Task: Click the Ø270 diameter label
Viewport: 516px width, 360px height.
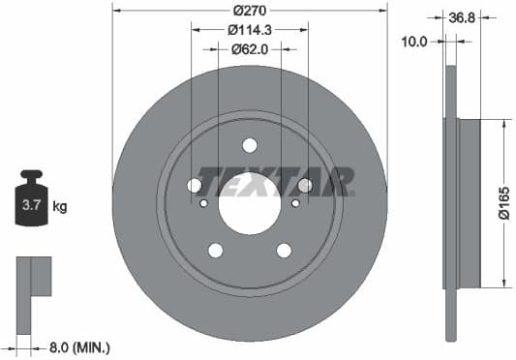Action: [x=250, y=11]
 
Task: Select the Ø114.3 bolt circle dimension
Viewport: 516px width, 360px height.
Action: [x=250, y=29]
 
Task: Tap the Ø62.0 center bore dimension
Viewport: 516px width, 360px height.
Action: [x=250, y=46]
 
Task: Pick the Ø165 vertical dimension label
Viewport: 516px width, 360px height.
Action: [x=502, y=204]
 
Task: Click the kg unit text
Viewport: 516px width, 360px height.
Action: [x=60, y=205]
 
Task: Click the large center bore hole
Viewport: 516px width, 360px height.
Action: [x=250, y=204]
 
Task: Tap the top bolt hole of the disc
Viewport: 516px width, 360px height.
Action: [x=250, y=145]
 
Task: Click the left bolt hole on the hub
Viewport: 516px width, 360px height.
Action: [x=194, y=185]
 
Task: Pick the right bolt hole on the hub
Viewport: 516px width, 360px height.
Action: [x=305, y=185]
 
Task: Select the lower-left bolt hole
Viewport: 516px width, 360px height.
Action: [x=215, y=251]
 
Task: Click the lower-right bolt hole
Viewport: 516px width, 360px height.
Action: [x=284, y=251]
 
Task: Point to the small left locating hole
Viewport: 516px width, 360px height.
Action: [x=203, y=203]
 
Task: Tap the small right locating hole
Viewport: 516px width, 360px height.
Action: [x=295, y=203]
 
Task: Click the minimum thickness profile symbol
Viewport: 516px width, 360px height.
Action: [x=35, y=282]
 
